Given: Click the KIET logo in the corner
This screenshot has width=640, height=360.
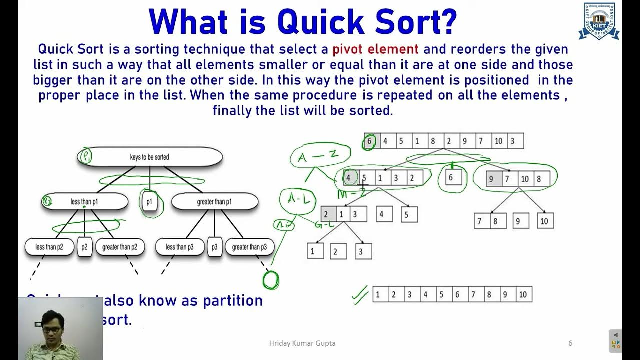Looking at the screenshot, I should tap(598, 21).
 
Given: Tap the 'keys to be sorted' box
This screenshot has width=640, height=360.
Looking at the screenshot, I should tap(150, 157).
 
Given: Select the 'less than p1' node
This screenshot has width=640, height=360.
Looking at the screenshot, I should tap(84, 202).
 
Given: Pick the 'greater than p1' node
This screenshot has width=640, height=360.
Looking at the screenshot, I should tap(215, 202).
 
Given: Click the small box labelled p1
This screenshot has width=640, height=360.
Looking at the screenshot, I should tap(149, 202).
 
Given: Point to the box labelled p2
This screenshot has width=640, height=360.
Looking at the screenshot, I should tap(84, 247).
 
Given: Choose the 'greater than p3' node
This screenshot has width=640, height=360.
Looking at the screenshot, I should tap(249, 247).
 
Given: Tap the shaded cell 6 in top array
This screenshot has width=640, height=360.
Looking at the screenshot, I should tap(370, 141).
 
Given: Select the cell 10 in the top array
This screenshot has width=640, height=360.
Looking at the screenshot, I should tap(498, 141).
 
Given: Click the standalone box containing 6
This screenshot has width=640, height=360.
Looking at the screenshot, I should tap(452, 178).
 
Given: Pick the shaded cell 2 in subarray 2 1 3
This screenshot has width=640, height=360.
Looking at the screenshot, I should tap(327, 214).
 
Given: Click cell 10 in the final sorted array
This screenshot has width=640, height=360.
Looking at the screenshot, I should tap(523, 295).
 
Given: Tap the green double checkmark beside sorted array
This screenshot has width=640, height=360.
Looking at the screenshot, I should tap(360, 296).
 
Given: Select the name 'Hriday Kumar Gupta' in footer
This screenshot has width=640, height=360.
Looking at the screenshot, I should tap(302, 343).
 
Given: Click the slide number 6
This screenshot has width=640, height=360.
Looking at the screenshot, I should tap(570, 343).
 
